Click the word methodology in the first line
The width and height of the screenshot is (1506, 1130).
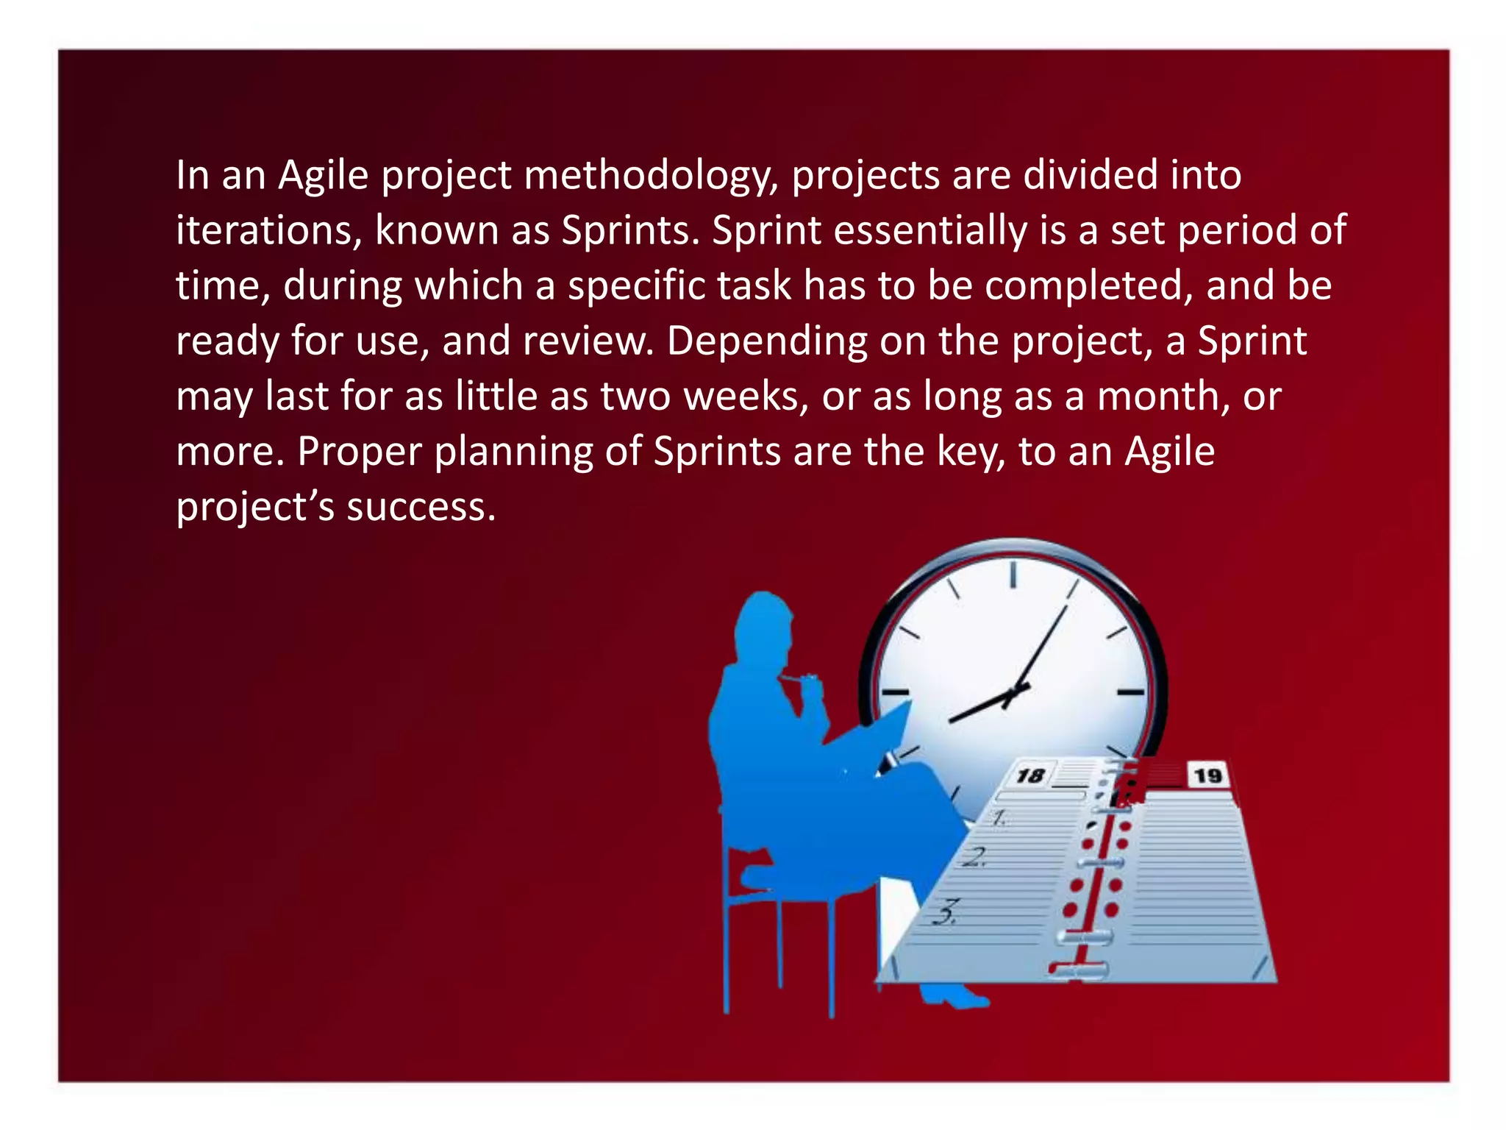(x=650, y=177)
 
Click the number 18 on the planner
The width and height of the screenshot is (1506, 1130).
(x=1030, y=775)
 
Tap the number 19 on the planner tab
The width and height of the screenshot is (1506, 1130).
(x=1208, y=775)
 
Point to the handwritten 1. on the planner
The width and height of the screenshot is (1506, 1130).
(x=999, y=817)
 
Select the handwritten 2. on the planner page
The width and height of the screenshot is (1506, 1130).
(x=975, y=857)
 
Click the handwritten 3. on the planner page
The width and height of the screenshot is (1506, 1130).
(x=946, y=912)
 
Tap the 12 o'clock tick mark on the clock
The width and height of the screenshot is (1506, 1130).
(x=1013, y=574)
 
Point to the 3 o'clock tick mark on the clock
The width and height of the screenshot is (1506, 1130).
(x=1130, y=692)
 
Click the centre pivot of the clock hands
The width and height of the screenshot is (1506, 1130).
(x=1015, y=692)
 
